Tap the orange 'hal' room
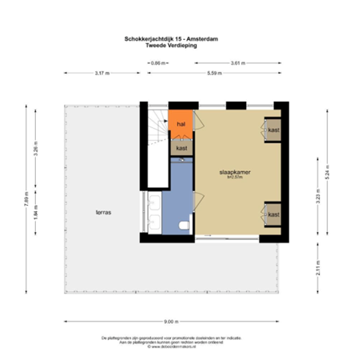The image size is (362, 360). click(x=181, y=126)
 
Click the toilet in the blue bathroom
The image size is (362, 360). click(x=185, y=225)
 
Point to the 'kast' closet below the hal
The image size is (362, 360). click(x=181, y=148)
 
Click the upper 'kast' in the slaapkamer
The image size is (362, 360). click(x=273, y=130)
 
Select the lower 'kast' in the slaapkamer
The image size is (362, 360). click(x=273, y=214)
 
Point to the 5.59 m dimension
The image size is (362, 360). click(x=214, y=74)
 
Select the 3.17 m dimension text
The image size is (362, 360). click(x=102, y=74)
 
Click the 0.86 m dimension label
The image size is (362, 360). click(x=158, y=62)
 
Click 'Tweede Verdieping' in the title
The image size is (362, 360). click(x=172, y=46)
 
